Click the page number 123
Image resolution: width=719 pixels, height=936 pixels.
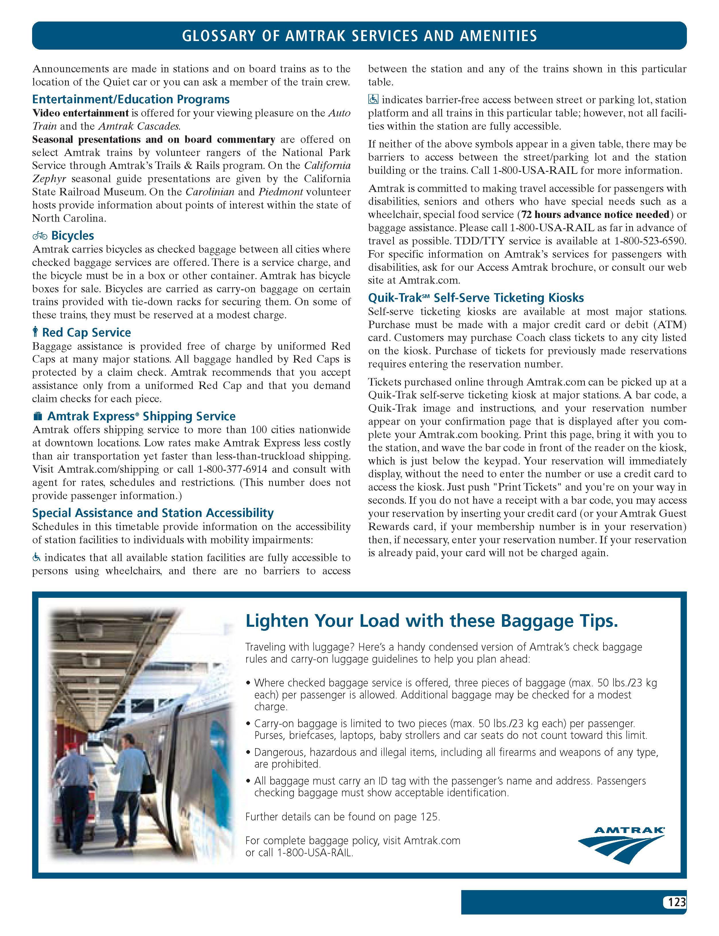tap(677, 902)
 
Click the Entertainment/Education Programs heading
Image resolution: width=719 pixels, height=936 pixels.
tap(131, 99)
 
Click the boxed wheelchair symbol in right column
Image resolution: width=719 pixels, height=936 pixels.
tap(373, 99)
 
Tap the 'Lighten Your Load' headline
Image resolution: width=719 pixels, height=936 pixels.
tap(431, 620)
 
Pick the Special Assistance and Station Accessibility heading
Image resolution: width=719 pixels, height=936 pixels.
tap(153, 513)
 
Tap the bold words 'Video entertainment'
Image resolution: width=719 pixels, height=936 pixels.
tap(81, 113)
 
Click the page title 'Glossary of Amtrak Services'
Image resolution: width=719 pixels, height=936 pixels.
tap(359, 36)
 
